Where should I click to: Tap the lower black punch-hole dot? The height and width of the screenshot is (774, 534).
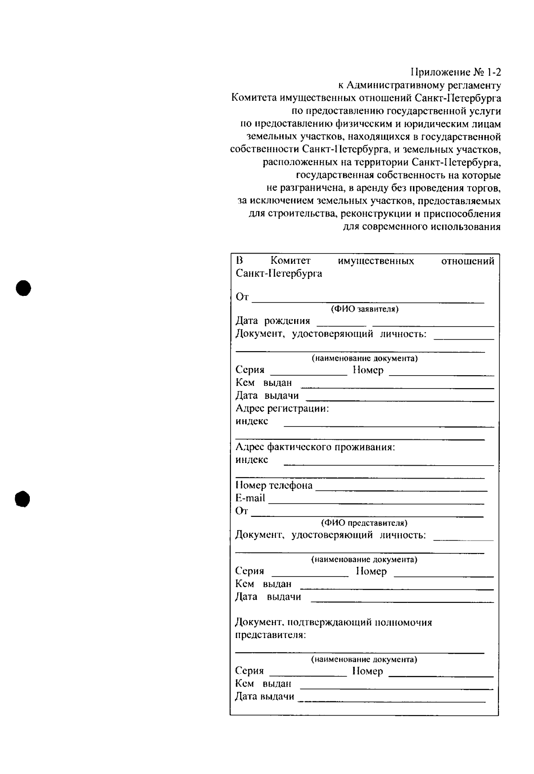(22, 499)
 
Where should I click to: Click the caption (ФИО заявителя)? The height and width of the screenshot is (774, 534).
(364, 309)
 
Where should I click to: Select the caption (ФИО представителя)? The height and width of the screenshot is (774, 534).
(364, 523)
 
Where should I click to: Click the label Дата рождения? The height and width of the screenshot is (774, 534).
(272, 321)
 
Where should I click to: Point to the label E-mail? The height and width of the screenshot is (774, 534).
(250, 498)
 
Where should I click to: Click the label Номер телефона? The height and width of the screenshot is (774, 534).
(274, 485)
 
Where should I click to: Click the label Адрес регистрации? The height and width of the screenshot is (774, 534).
(282, 408)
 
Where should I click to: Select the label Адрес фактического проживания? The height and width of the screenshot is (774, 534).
(315, 446)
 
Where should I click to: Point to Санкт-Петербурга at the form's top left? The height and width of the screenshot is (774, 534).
(279, 273)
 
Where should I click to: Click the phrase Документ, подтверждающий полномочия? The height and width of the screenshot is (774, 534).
(333, 622)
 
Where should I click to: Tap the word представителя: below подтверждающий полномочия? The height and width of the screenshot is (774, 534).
(270, 635)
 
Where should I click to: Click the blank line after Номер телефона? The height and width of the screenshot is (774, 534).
(400, 490)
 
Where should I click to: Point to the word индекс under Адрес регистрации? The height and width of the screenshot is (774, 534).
(251, 421)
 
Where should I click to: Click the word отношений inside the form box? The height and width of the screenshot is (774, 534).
(467, 261)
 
